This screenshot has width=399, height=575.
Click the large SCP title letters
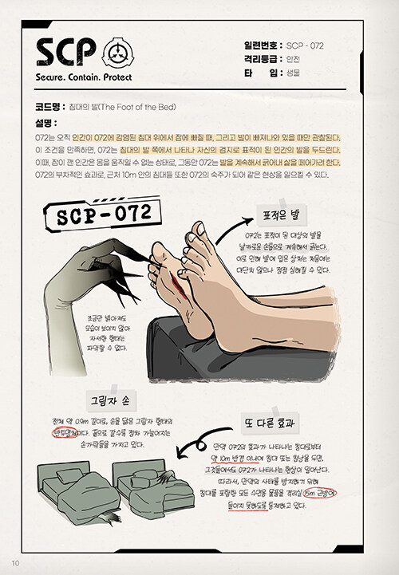click(68, 53)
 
